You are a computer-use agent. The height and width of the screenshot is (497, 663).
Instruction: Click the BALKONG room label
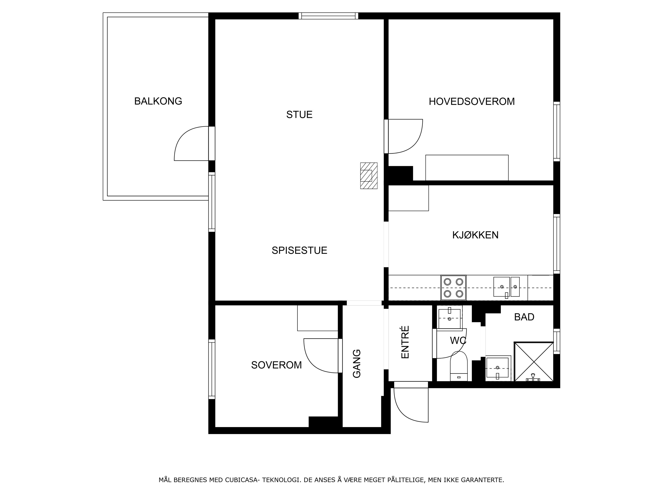tap(158, 101)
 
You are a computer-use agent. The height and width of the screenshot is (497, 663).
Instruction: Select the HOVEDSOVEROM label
tap(472, 101)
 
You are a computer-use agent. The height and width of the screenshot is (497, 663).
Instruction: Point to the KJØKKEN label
tap(475, 235)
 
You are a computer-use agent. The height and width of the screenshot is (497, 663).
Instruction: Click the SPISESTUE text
tap(299, 250)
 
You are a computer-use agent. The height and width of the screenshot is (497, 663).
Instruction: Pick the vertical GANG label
tap(357, 364)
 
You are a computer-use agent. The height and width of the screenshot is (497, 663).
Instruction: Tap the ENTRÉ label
tap(405, 342)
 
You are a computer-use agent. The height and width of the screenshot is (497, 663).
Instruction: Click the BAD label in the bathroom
tap(524, 317)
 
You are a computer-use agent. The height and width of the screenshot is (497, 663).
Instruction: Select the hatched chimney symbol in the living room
tap(369, 176)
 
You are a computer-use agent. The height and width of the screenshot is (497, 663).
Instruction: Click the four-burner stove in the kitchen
tap(453, 288)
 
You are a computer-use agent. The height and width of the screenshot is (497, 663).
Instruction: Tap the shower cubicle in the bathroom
tap(534, 362)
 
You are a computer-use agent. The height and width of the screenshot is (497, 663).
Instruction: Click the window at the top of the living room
tap(328, 16)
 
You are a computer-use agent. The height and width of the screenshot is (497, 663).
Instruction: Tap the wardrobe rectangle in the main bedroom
tap(467, 168)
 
